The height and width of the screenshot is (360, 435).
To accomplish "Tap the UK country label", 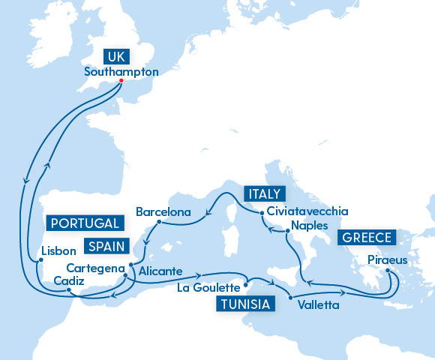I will tap(115, 56).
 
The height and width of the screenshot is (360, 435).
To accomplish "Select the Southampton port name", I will tap(121, 72).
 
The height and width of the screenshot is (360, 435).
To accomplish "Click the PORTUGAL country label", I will tap(84, 223).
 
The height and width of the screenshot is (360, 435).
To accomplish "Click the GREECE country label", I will tap(367, 238).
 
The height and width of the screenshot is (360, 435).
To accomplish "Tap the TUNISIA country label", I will tap(244, 303).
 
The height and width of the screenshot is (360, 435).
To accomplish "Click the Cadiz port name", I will tap(68, 280).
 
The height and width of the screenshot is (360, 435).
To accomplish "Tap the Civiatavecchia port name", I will tap(307, 211).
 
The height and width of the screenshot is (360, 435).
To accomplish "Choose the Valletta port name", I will tap(317, 305).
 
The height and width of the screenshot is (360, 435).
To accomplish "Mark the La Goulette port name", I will tap(209, 287).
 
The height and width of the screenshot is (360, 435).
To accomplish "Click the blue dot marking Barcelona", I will tap(159, 222).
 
